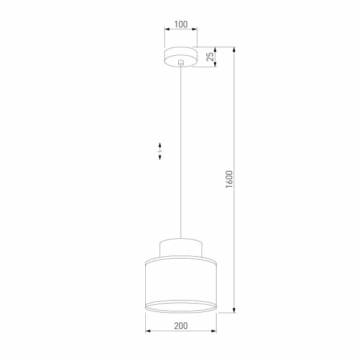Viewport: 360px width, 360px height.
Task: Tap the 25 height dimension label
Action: [209, 58]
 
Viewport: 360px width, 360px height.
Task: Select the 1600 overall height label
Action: [229, 180]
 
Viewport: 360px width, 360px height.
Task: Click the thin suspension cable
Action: [181, 150]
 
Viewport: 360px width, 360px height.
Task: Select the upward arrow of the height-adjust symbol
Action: [160, 145]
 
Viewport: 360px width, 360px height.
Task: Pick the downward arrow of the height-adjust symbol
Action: [160, 158]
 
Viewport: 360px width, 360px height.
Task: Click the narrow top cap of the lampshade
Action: [181, 247]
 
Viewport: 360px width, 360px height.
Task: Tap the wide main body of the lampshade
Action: [181, 282]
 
